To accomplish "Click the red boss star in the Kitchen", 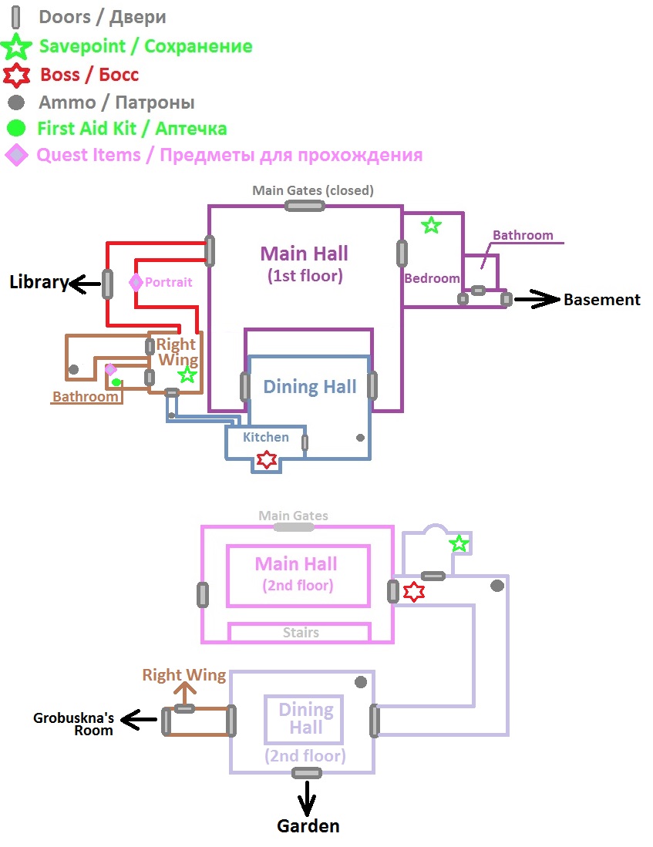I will pos(266,460).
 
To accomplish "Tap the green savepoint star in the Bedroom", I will pos(431,225).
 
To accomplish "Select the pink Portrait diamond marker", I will pos(136,283).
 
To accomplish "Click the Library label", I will pos(39,282).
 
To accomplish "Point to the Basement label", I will pos(601,300).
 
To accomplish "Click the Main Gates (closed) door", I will pos(305,205).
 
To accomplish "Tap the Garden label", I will pos(308,826).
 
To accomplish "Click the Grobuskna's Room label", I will pos(73,724).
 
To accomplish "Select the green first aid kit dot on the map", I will pos(116,381).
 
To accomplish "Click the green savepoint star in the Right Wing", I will pos(187,375).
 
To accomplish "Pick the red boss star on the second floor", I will pos(414,592).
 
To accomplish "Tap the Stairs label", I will pos(300,633).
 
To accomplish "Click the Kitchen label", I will pos(265,437).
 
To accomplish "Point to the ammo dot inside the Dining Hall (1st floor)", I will pos(360,438).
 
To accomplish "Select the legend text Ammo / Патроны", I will pos(116,103).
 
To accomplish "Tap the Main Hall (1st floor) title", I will pos(304,263).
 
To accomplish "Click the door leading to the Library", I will pos(108,284).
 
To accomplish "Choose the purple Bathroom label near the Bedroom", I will pos(523,235).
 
